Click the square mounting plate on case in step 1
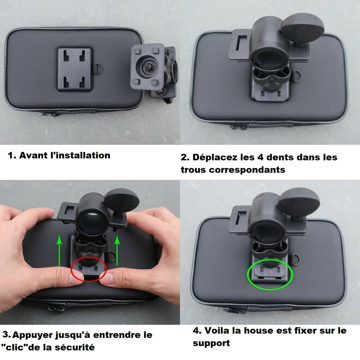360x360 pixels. (75, 69)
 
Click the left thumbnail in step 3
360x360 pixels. (76, 278)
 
